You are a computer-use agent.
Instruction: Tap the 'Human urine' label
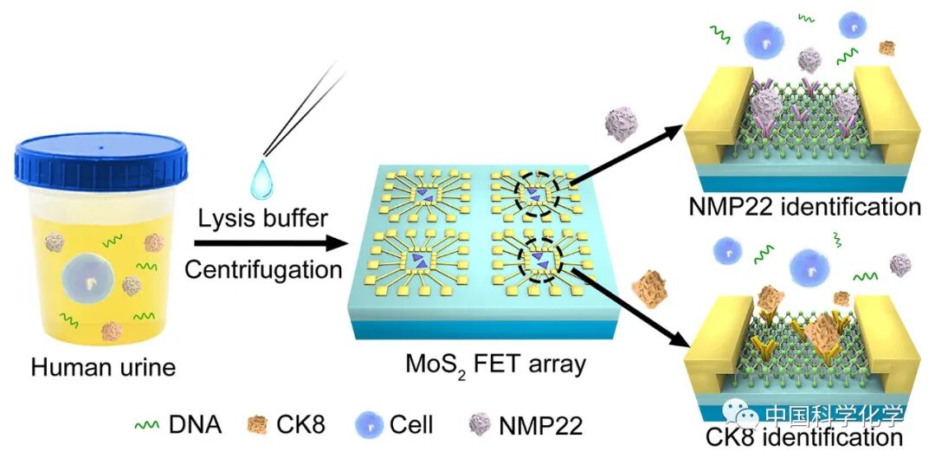point(103,367)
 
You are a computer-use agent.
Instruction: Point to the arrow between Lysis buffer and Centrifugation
point(268,244)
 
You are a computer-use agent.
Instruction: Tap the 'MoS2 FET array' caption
point(495,364)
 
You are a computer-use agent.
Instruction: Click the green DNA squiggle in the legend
point(146,425)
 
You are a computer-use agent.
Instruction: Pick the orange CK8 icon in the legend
point(258,425)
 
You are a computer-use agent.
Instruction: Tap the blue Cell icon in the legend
point(369,425)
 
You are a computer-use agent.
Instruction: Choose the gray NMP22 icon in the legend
point(478,425)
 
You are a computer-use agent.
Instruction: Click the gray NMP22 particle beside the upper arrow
point(622,122)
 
